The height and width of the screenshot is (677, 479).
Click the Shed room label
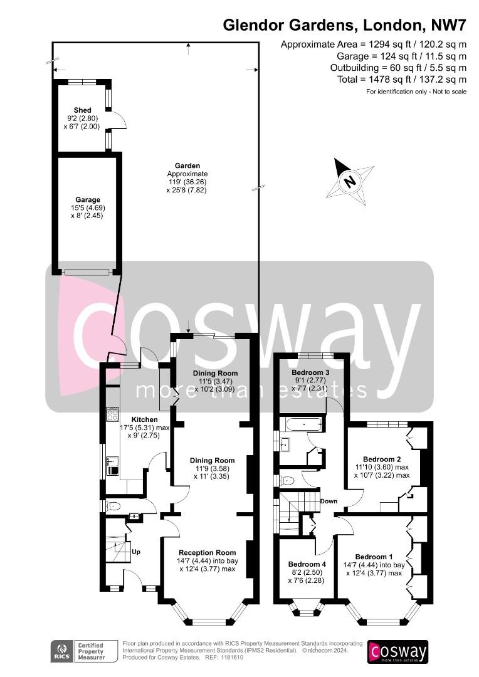tap(82, 110)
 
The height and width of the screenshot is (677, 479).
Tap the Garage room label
tap(88, 199)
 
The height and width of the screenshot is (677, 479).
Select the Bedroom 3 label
tap(310, 372)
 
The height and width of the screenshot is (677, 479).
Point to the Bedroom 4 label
tap(307, 564)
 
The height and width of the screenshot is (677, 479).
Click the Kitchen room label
tap(144, 419)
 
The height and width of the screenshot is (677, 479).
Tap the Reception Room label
tap(208, 552)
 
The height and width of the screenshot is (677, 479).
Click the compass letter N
tap(350, 181)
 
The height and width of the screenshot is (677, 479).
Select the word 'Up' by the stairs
tap(136, 552)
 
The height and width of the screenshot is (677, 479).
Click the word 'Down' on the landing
tap(329, 501)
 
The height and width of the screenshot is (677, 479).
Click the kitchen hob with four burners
tap(112, 414)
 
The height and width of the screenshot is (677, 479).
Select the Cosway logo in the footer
tap(397, 652)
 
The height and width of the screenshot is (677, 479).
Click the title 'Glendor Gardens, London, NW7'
tap(344, 25)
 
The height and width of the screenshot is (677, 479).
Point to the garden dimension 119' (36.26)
tap(187, 182)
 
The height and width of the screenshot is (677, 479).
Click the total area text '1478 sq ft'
tap(389, 80)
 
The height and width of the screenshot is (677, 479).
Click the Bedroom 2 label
tap(382, 459)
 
